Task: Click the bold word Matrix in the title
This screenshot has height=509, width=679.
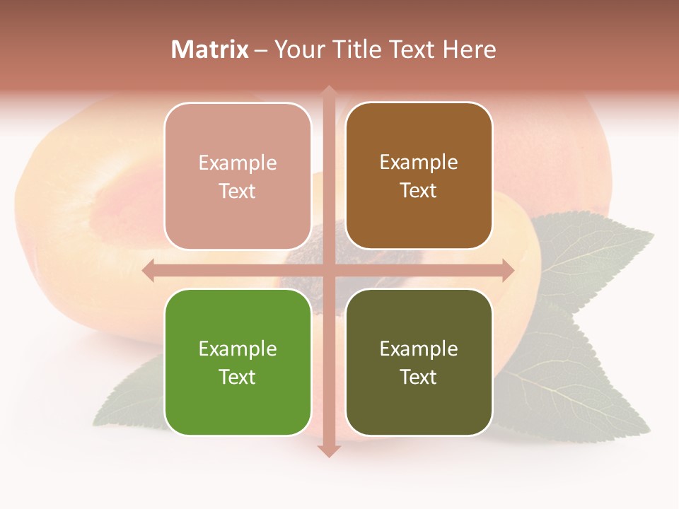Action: click(210, 49)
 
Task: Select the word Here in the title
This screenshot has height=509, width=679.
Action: click(470, 49)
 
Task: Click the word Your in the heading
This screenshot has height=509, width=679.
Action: click(297, 49)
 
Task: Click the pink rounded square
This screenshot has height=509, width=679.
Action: click(238, 177)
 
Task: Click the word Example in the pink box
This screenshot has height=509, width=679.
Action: click(238, 163)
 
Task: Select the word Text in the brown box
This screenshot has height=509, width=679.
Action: click(419, 190)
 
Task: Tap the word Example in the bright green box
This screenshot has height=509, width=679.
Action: click(238, 349)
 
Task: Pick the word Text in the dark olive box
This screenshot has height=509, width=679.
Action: click(419, 377)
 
